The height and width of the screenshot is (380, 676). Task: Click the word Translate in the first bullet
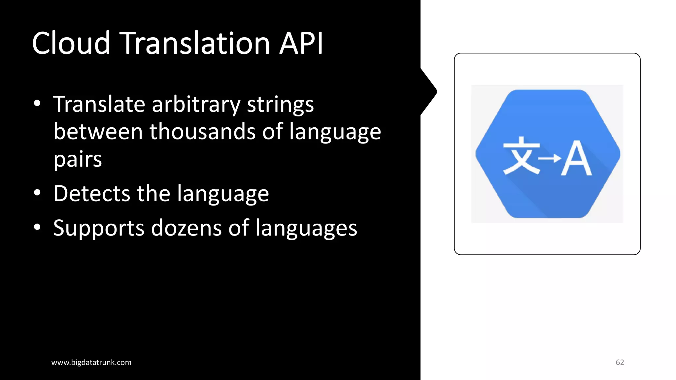[x=99, y=104]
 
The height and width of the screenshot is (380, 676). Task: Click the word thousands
[x=202, y=131]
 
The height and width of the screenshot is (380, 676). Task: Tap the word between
[x=98, y=131]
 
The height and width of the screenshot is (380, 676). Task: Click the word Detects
[x=92, y=193]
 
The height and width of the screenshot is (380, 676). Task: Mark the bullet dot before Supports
[x=37, y=227]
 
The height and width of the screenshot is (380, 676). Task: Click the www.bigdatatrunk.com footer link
[x=91, y=363]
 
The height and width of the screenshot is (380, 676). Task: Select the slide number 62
[x=620, y=363]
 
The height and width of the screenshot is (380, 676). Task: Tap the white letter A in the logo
[x=576, y=158]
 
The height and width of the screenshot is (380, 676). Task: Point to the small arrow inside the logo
[x=549, y=158]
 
